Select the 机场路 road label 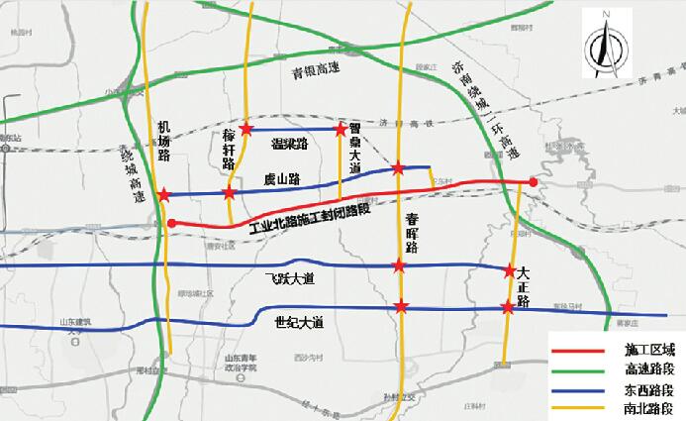pos(165,142)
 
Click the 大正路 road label pos(524,285)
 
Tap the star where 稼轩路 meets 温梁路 pos(246,130)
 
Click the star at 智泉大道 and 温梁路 pos(341,129)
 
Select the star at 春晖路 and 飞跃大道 pos(399,265)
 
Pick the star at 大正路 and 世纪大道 pos(508,308)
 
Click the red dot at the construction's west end pos(171,224)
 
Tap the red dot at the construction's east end pos(533,182)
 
